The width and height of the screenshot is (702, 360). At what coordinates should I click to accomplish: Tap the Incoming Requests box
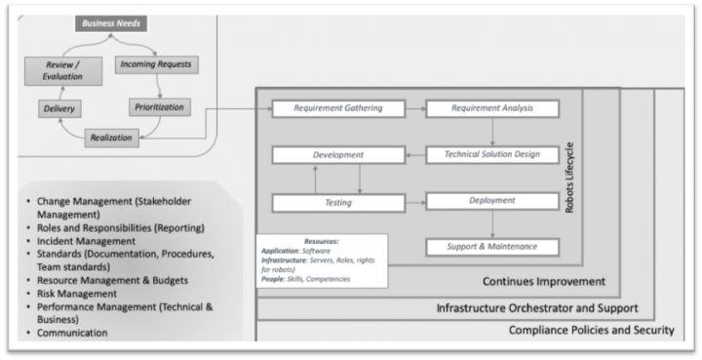pos(156,64)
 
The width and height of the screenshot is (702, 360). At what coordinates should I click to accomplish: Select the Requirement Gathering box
pos(337,108)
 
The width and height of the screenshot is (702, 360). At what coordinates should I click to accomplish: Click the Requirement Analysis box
pos(492,108)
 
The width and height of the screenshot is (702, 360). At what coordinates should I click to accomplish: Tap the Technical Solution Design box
pos(492,155)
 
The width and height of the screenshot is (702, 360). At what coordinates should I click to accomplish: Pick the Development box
pos(337,155)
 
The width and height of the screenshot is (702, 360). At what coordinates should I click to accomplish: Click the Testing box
pos(337,202)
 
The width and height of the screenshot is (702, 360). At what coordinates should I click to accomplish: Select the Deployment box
pos(492,201)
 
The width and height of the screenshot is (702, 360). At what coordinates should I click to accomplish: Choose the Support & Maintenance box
pos(492,246)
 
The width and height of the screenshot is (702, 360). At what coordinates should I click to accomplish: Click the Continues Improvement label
pos(544,282)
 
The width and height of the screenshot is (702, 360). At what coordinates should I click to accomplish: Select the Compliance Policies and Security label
pos(591,331)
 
